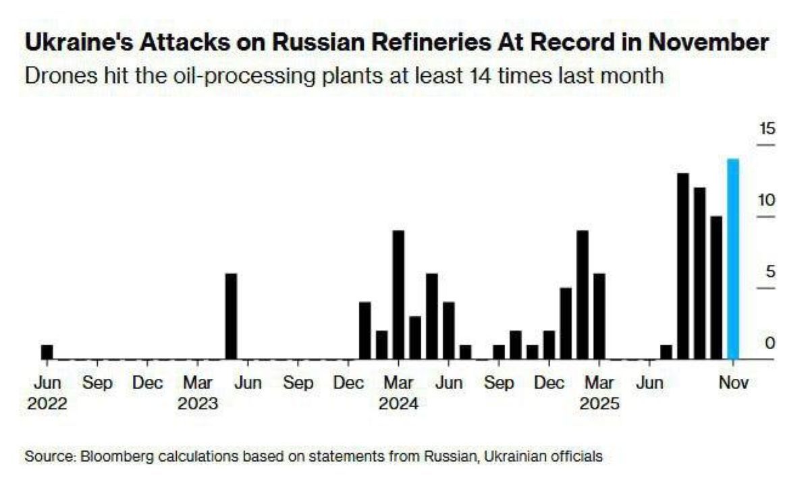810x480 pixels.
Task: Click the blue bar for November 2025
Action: [x=732, y=259]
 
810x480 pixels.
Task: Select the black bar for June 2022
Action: [x=47, y=352]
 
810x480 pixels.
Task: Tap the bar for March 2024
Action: [x=398, y=295]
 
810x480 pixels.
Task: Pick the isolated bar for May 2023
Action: [x=231, y=316]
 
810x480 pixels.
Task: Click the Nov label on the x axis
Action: [x=733, y=383]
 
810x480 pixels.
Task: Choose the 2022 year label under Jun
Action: [x=47, y=404]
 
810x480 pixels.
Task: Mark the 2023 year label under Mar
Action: [x=198, y=404]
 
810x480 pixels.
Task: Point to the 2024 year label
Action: [x=398, y=404]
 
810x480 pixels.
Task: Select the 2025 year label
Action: [x=599, y=404]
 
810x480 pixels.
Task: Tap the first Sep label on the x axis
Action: [x=97, y=383]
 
